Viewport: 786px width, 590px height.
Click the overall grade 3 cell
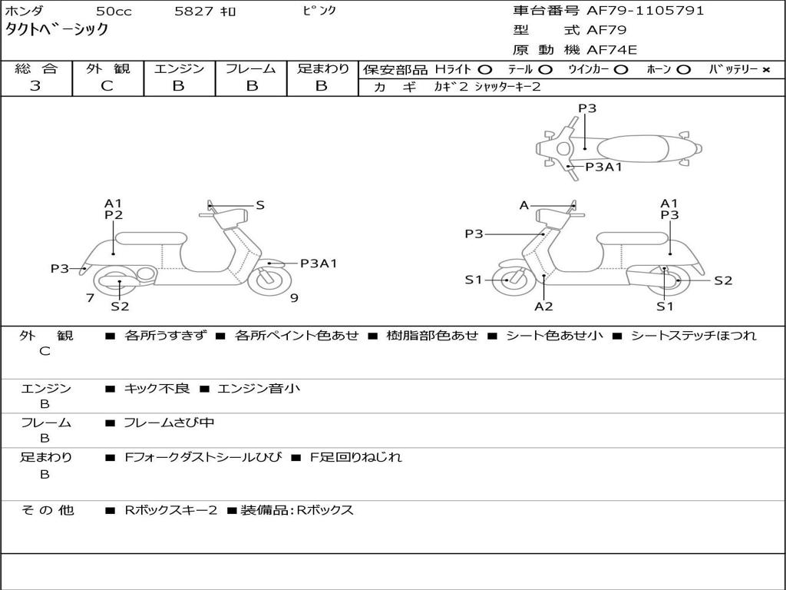coord(35,86)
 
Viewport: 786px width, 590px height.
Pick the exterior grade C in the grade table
coord(107,86)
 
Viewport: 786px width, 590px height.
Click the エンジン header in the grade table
coord(179,68)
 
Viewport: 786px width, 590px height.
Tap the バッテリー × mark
coord(765,69)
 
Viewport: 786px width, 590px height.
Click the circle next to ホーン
coord(683,69)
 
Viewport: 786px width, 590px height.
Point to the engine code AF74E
coord(612,50)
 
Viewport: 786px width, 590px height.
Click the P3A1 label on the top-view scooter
coord(603,166)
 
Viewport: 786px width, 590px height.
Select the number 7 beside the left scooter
coord(90,297)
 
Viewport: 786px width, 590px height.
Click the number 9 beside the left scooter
coord(294,297)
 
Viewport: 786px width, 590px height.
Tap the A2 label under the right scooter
coord(543,307)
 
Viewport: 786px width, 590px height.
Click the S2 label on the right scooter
coord(723,280)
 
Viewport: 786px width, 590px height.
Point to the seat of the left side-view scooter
coord(151,237)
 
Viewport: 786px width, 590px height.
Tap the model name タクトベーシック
coord(57,30)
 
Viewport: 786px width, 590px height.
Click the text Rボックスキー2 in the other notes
coord(171,510)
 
